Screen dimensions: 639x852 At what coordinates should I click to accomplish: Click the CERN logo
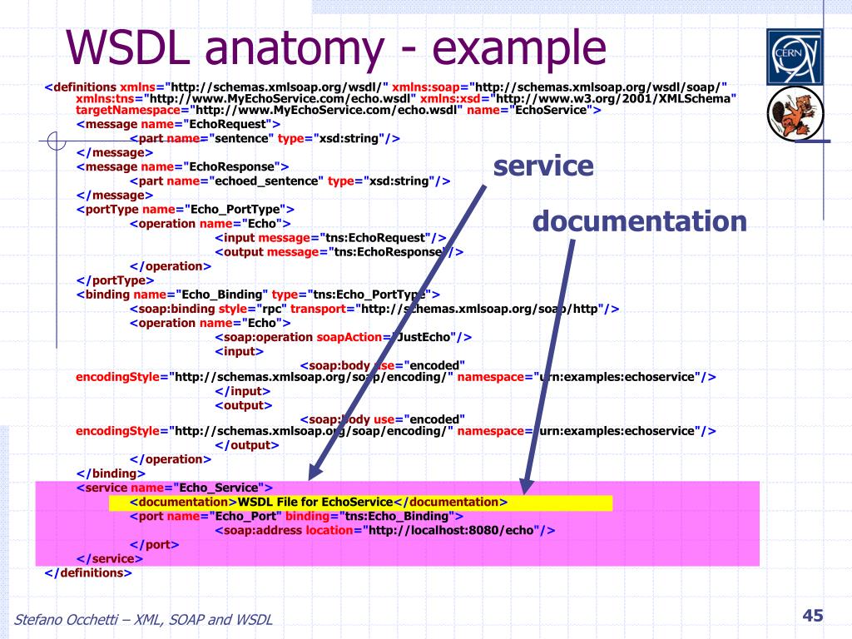(794, 57)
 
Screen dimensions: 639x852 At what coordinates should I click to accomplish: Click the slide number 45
(812, 616)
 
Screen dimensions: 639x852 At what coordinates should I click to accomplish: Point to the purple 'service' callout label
(543, 166)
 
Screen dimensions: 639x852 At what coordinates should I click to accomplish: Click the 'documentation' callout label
(639, 221)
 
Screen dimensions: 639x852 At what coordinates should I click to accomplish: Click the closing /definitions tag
(88, 572)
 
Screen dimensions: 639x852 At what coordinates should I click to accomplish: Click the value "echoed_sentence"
(264, 181)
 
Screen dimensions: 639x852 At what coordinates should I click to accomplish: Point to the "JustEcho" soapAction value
(425, 337)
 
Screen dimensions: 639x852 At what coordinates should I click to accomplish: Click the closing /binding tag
(111, 473)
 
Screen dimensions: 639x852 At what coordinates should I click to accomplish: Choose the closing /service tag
(109, 558)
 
